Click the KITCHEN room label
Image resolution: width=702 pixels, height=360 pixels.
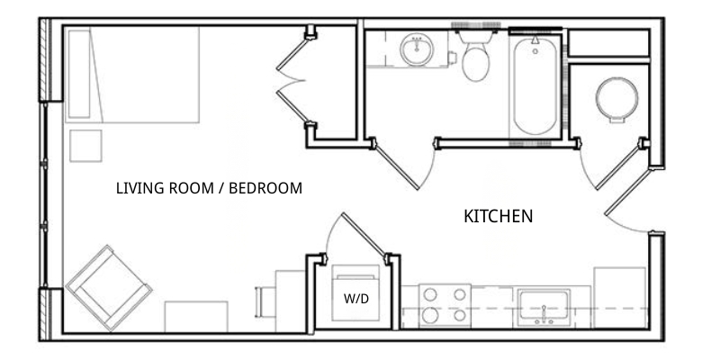click(498, 216)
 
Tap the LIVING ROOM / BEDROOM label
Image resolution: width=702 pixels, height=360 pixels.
click(209, 188)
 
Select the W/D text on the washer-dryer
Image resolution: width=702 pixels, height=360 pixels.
click(356, 299)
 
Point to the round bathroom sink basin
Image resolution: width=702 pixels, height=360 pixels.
click(417, 49)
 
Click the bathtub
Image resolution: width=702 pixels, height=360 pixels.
click(535, 86)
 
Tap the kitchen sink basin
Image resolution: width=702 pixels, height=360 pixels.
click(544, 308)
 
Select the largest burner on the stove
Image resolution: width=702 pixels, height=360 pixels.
click(430, 315)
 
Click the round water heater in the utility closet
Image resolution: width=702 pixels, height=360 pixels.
click(616, 99)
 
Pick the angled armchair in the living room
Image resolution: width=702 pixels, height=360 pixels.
click(109, 287)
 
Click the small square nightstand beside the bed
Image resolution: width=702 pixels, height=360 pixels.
click(85, 146)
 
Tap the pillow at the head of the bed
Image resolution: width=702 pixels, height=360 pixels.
click(79, 74)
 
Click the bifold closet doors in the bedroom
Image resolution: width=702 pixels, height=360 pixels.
click(293, 81)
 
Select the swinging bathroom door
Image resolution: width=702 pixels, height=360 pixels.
click(398, 166)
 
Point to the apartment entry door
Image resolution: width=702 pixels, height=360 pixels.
click(627, 192)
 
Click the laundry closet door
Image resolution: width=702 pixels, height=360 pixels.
click(364, 234)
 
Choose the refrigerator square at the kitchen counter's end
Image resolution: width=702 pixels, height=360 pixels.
click(620, 297)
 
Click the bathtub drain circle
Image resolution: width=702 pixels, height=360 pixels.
click(535, 51)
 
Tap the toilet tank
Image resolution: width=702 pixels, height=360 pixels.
click(476, 37)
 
